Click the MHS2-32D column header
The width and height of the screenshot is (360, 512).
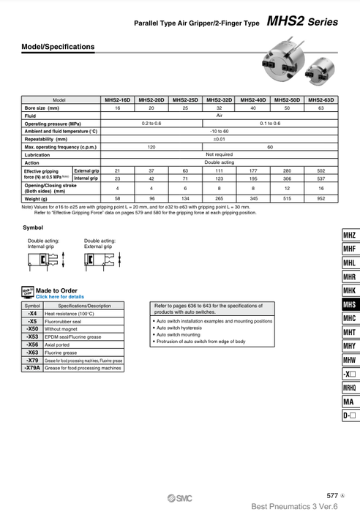click(220, 99)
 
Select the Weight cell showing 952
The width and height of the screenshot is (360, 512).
click(320, 198)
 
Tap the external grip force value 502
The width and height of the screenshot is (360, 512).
click(320, 170)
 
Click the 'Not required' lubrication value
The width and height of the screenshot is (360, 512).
click(220, 154)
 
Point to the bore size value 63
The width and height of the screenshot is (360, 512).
click(320, 108)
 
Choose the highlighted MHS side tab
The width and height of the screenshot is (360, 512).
click(349, 304)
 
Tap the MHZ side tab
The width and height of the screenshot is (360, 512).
click(349, 235)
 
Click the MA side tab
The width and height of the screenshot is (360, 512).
click(349, 402)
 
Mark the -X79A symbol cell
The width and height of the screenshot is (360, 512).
click(33, 368)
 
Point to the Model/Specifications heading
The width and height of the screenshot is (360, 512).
click(59, 47)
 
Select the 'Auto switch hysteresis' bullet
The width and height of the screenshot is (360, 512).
click(181, 328)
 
